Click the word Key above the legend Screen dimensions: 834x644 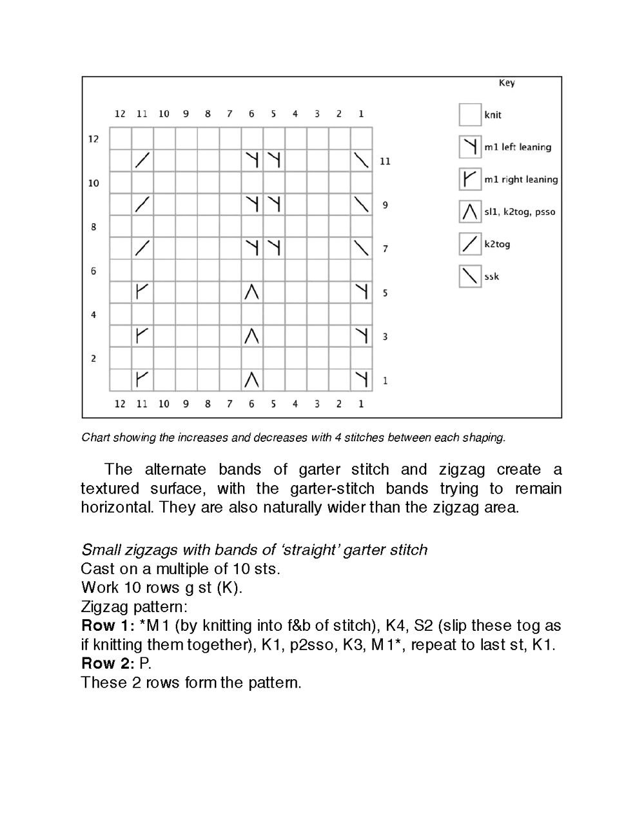coord(507,83)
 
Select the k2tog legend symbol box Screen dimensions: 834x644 coord(470,244)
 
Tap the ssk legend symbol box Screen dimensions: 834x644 coord(470,277)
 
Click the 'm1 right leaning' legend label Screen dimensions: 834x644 coord(521,179)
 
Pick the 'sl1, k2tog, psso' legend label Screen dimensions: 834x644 coord(520,212)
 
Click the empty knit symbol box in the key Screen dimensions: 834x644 coord(470,115)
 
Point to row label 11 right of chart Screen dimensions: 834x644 coord(385,161)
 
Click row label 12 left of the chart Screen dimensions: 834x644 coord(93,139)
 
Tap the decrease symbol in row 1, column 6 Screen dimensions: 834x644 coord(252,380)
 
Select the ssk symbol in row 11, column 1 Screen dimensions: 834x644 coord(362,161)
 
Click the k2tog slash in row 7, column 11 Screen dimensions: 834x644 coord(142,248)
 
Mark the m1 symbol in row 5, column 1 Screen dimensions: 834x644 coord(362,292)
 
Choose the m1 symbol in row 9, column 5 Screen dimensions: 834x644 coord(274,204)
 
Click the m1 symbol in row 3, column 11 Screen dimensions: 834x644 coord(142,336)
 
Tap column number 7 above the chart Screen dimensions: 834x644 coord(229,114)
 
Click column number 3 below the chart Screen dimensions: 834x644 coord(317,404)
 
